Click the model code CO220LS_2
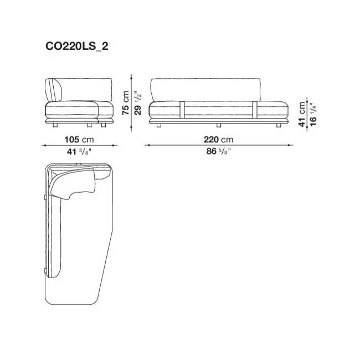coord(76,47)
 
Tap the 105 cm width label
coord(79,140)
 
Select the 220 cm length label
coord(218,140)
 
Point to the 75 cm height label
coord(126,102)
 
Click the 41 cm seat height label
coord(302,114)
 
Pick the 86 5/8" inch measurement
coord(218,151)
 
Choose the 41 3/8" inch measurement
coord(79,152)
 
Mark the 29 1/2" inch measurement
coord(137,102)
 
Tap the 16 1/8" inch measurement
coord(313,114)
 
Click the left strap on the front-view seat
coord(182,110)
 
